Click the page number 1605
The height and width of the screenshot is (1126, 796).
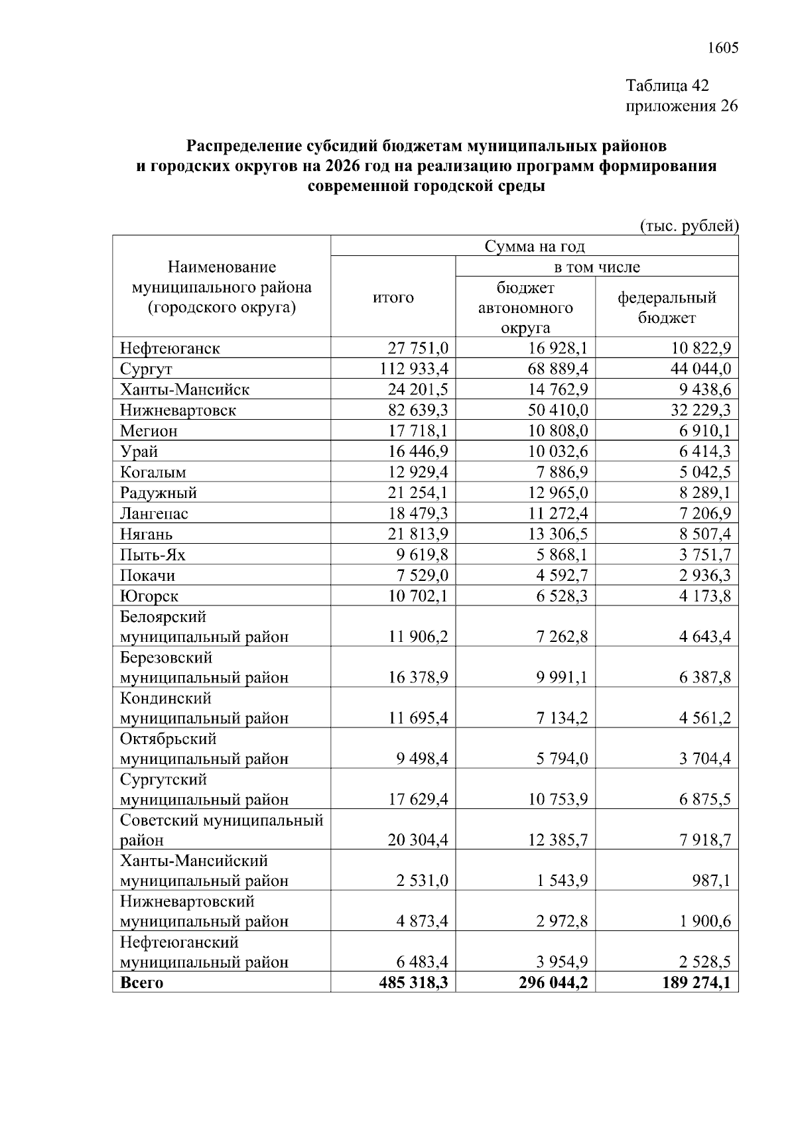722,48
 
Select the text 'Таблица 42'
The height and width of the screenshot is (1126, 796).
667,86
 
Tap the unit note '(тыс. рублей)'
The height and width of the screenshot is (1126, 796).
689,226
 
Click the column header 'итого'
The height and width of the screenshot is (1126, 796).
393,298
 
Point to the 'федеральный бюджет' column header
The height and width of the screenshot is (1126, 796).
667,307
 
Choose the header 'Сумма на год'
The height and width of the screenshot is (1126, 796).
534,247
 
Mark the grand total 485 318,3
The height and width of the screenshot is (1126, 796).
413,982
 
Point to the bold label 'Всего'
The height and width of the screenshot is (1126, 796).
141,983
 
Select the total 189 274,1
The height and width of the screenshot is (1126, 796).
696,982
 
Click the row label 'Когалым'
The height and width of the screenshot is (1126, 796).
153,472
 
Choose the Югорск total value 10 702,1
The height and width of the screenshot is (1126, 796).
418,595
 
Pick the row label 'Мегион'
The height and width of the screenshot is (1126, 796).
149,431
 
